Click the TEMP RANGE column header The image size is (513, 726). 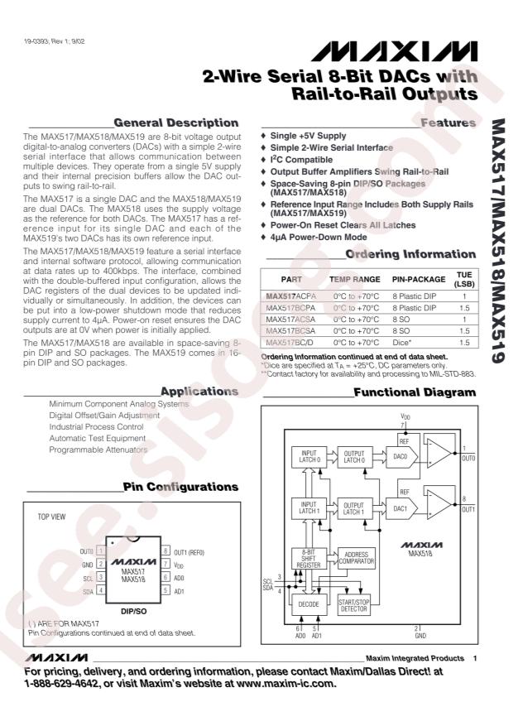click(x=355, y=280)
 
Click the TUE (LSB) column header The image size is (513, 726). click(x=464, y=280)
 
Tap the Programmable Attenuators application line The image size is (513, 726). click(x=98, y=450)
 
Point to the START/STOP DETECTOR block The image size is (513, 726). click(x=356, y=605)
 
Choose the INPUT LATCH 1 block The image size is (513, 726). click(x=308, y=507)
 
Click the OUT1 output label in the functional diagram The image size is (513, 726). click(x=467, y=509)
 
